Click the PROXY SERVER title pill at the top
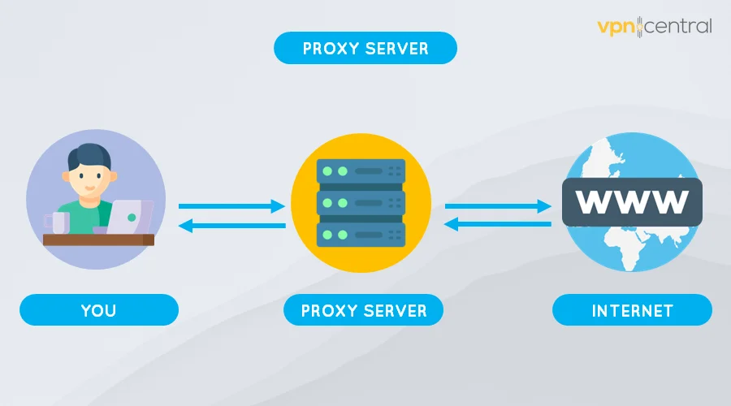(365, 49)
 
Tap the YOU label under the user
(98, 310)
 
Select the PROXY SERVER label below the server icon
(363, 310)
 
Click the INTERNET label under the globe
(632, 310)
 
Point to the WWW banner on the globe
(631, 201)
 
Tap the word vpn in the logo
(618, 26)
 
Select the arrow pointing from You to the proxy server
(231, 207)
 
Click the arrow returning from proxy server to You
(231, 227)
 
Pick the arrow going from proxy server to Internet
(497, 207)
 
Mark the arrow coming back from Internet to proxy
(497, 227)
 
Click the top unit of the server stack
(360, 172)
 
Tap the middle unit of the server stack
(360, 202)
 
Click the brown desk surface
(97, 240)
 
